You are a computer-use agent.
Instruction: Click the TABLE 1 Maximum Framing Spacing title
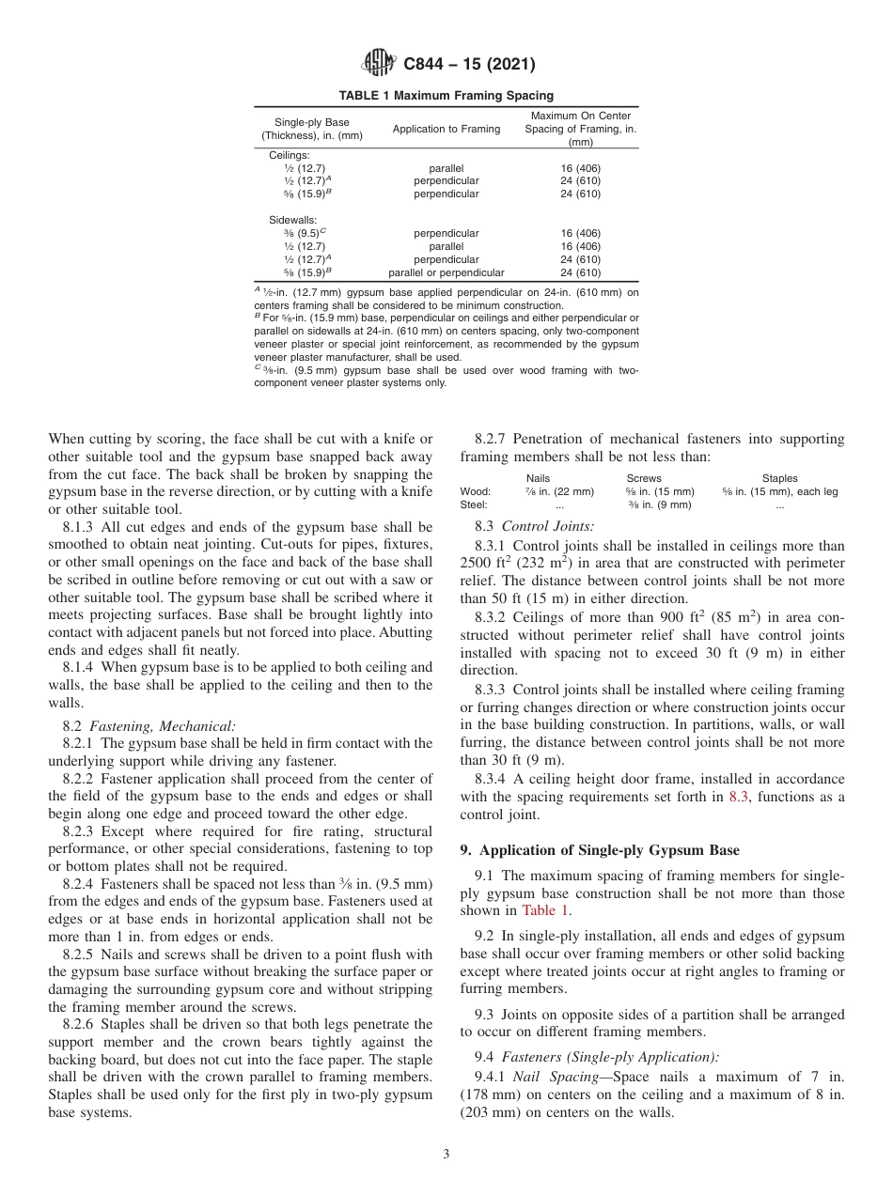point(446,95)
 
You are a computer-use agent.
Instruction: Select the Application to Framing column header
point(446,129)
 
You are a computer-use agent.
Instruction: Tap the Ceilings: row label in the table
point(290,155)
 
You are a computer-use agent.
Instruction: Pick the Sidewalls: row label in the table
point(292,220)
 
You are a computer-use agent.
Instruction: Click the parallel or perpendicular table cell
point(446,272)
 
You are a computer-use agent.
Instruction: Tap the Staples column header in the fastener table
point(779,478)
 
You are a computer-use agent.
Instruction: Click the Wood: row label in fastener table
point(475,491)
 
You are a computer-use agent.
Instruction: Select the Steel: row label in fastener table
point(474,504)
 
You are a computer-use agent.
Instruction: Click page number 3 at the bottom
point(446,1155)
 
